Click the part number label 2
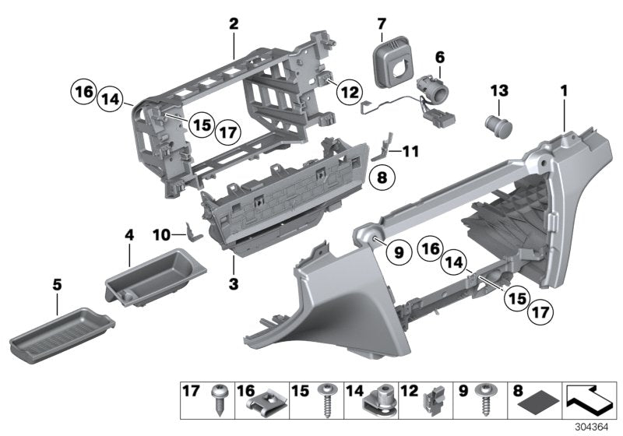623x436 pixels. (x=233, y=24)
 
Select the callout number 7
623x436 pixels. (x=382, y=25)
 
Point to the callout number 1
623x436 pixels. (x=561, y=91)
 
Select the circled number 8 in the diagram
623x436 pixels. (x=382, y=178)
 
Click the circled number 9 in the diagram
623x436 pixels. (x=397, y=251)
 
